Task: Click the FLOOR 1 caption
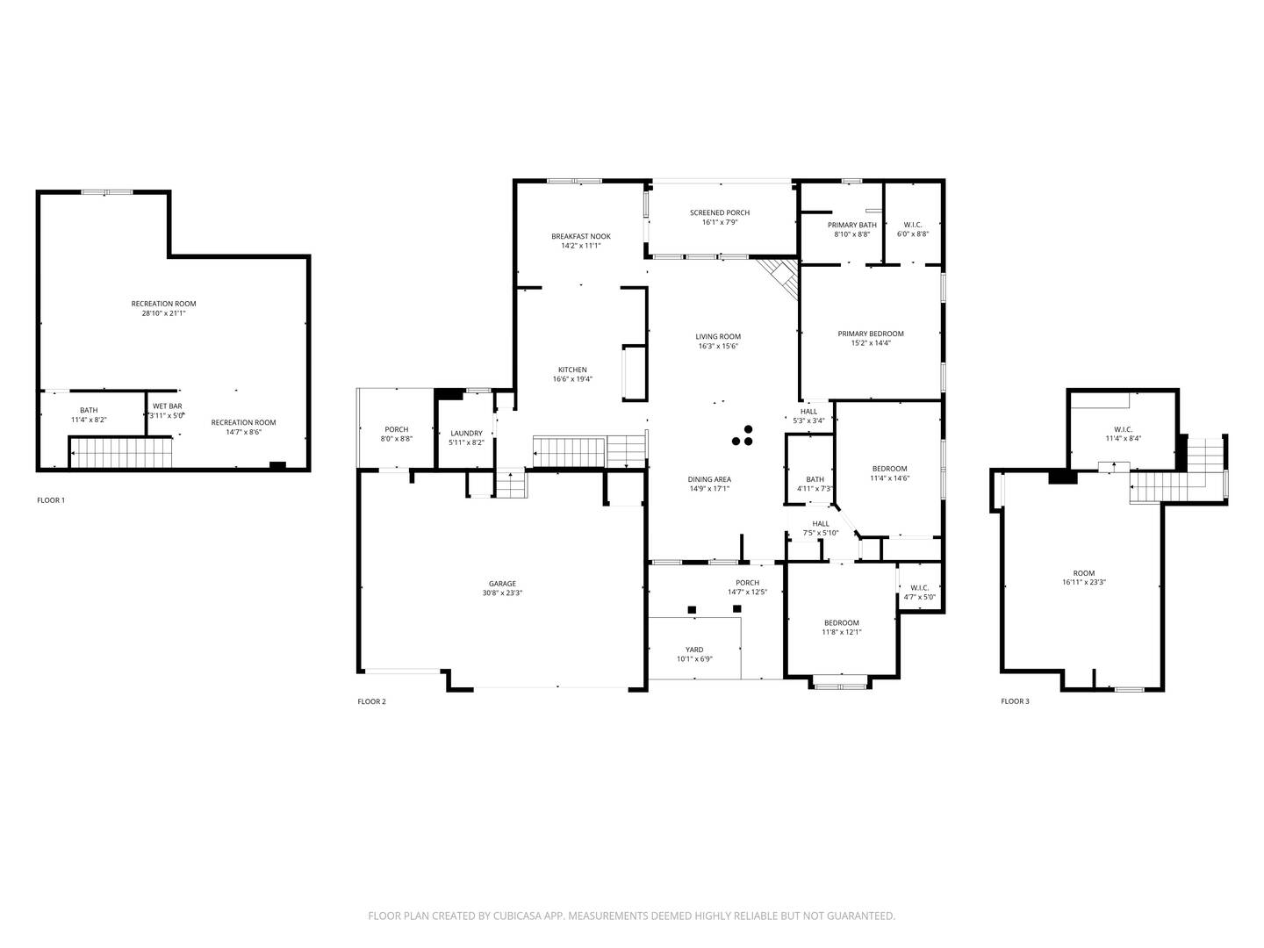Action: click(51, 500)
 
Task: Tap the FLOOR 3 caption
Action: click(1015, 701)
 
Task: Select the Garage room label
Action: click(502, 584)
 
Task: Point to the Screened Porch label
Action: click(719, 212)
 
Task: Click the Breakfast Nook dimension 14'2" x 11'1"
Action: click(580, 246)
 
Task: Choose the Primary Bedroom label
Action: click(870, 334)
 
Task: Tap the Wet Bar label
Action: click(167, 406)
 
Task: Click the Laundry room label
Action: click(466, 433)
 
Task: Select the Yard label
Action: click(693, 650)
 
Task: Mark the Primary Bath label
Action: click(851, 225)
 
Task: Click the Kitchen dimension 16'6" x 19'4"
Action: click(572, 379)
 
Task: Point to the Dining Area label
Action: click(708, 479)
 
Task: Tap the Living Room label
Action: click(718, 336)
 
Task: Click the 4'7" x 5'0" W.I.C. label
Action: click(919, 588)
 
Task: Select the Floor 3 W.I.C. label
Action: click(1123, 429)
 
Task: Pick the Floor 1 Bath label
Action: click(89, 410)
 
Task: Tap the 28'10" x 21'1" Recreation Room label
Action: click(163, 304)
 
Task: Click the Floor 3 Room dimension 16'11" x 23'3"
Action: click(1083, 582)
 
